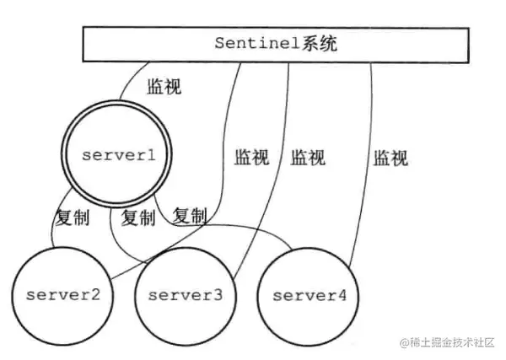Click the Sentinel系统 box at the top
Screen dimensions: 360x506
tap(275, 44)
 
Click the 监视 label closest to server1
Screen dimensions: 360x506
tap(164, 86)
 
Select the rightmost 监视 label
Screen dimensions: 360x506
tap(390, 158)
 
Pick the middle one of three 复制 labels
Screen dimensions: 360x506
tap(138, 218)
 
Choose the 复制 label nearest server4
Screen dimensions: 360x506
tap(190, 217)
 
